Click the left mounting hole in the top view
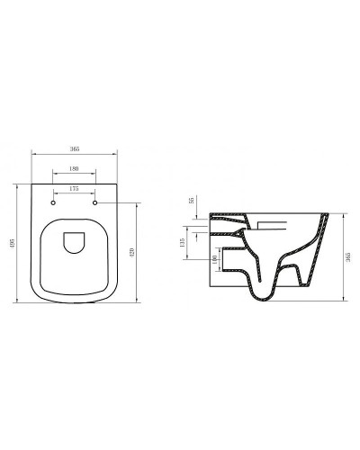(x=55, y=204)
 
